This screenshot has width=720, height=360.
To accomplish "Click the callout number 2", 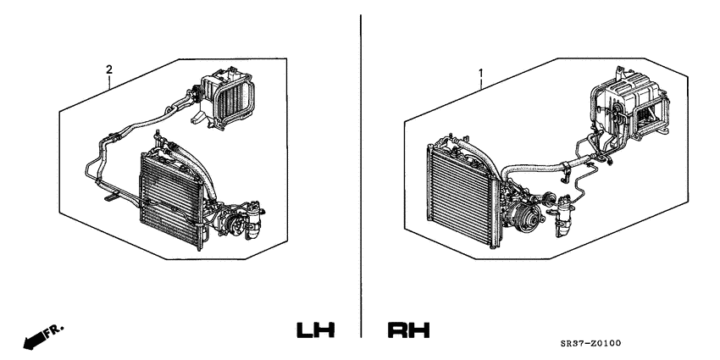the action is pos(108,68).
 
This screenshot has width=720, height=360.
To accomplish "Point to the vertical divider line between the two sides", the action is pos(361,169).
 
